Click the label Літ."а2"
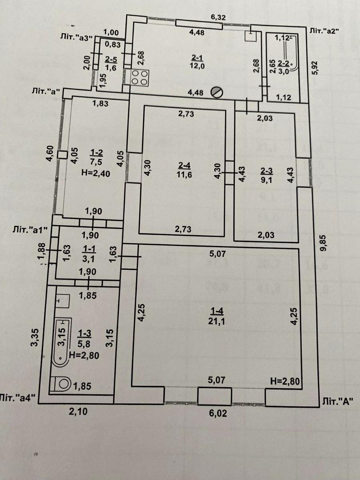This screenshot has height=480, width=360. coord(325,31)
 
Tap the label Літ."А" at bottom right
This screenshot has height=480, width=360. coord(338,402)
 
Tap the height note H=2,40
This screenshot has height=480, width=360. coord(96,173)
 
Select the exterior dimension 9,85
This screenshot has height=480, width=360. coord(324,243)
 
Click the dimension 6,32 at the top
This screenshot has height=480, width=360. coord(219,17)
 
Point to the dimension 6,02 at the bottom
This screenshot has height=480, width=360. coord(218,414)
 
